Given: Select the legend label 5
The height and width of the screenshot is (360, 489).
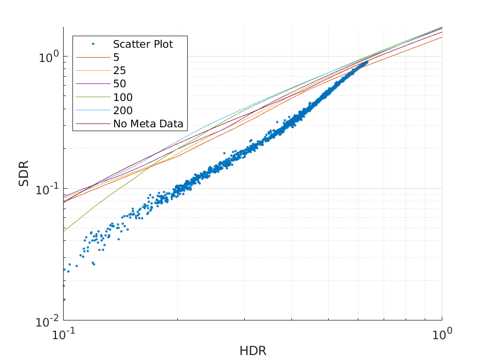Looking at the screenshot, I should click(116, 57).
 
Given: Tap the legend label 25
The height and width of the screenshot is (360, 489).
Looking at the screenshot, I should click(119, 70).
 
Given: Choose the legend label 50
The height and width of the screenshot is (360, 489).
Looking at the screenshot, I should click(119, 84).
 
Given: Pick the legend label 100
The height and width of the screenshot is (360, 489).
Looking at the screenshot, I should click(122, 97).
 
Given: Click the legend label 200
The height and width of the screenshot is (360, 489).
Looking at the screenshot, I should click(122, 110).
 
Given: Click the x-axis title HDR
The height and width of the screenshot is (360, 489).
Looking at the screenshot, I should click(252, 350).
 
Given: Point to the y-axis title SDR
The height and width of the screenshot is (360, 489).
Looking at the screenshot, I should click(24, 173).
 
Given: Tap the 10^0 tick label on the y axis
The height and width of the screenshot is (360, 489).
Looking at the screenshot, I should click(48, 56).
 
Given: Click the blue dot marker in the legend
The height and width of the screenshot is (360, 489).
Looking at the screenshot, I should click(93, 44).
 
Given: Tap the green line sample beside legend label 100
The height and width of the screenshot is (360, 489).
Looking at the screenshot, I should click(93, 97).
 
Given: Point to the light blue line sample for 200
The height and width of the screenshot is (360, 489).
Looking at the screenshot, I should click(93, 110).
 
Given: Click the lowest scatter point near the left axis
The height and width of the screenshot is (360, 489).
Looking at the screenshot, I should click(64, 300).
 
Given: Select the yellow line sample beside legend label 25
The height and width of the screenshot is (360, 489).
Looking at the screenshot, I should click(93, 70).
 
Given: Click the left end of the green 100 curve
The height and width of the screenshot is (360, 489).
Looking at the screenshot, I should click(64, 231).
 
